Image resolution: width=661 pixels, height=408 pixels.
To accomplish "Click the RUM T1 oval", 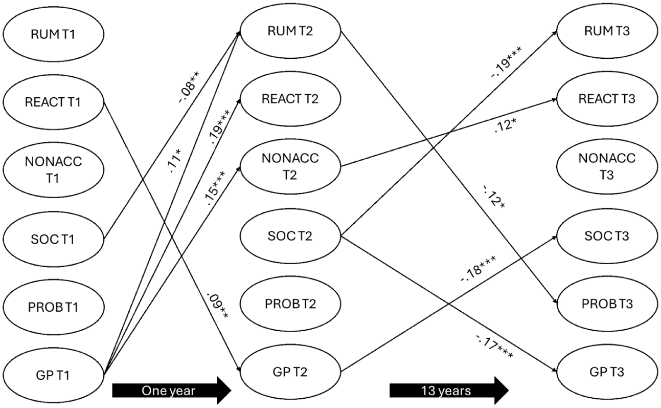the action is coord(53,34).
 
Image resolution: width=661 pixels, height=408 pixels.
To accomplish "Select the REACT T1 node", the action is coord(53,102).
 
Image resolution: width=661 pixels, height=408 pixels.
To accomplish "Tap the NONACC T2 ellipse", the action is coord(290,166).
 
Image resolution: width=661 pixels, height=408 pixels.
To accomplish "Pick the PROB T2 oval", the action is coord(290,304).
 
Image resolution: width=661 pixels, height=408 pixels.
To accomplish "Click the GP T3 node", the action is coord(607,372).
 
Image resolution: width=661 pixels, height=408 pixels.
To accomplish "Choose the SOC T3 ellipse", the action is coord(607,236).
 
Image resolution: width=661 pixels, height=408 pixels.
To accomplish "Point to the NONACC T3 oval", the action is coord(607,166).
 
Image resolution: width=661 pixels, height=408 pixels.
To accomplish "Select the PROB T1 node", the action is coord(53,307).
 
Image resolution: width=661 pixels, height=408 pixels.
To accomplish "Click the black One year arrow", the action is coord(171,391).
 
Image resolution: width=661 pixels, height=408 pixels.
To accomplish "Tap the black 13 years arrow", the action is coord(449,391).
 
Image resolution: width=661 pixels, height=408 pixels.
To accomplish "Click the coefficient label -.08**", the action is coord(189,87).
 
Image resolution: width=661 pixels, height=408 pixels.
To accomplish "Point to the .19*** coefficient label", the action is coord(219,127).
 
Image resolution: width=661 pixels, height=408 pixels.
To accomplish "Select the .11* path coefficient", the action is coord(176,161).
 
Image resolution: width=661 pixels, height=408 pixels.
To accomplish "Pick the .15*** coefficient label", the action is coord(215,188).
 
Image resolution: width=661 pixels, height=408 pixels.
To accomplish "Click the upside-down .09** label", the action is coord(217,306).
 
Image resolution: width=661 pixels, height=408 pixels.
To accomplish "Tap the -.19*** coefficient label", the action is coord(507,62).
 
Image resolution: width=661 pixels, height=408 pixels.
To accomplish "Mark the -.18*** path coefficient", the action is coord(478,269).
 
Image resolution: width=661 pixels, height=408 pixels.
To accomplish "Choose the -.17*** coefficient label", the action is coord(494,347).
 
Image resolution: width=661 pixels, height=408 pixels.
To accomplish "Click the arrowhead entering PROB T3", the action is coord(555,302).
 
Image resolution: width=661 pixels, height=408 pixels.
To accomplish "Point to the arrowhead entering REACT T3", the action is coord(554,100).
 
